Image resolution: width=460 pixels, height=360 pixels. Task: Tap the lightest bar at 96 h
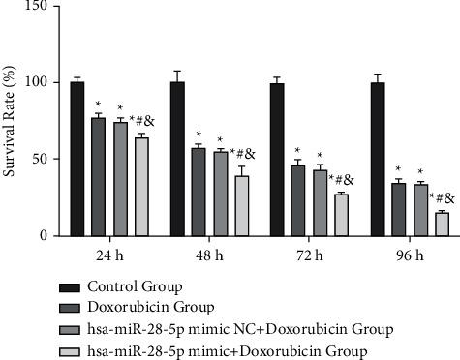pos(442,224)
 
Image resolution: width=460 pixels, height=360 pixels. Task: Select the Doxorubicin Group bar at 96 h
pos(399,209)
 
